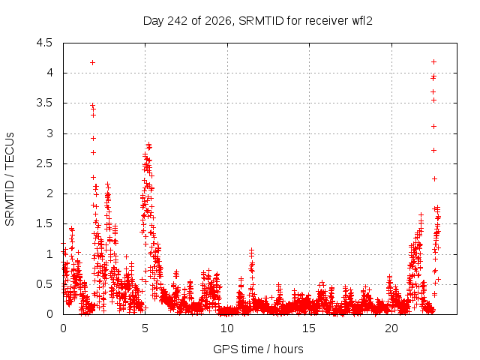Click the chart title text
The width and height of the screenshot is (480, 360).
[x=258, y=21]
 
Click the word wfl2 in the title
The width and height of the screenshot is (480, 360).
[x=361, y=20]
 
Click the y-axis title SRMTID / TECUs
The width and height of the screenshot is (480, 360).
[x=10, y=179]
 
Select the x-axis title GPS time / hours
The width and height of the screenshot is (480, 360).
[x=258, y=349]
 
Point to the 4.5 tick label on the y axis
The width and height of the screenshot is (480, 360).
[x=44, y=43]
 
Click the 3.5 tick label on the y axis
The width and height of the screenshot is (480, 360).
[x=44, y=103]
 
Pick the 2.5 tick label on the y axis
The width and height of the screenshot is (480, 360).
[x=44, y=163]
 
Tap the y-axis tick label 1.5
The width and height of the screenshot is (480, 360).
[x=44, y=223]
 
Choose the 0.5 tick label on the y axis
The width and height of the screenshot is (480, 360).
[x=44, y=284]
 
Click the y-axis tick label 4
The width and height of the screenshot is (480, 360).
[x=49, y=73]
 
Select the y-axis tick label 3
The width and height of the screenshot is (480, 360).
[x=49, y=133]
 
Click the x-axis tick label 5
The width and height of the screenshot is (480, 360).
[x=145, y=328]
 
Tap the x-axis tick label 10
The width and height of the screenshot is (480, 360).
[x=227, y=328]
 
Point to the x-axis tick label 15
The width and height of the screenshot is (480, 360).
[x=309, y=328]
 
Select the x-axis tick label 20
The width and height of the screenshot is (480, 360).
[x=391, y=328]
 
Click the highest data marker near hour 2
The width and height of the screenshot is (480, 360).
[x=92, y=63]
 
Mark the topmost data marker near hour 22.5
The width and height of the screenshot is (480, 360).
[x=433, y=61]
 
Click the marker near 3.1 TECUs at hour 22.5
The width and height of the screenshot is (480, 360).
[x=433, y=127]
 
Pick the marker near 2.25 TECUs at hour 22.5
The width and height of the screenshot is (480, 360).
[x=434, y=178]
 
